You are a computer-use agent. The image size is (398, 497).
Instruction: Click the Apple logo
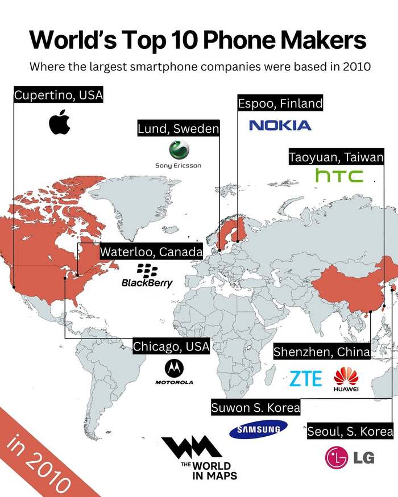click(59, 122)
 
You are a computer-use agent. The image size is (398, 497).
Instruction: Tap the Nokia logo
click(280, 125)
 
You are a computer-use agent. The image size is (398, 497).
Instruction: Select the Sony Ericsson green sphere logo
click(179, 151)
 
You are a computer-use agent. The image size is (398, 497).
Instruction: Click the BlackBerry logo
click(147, 275)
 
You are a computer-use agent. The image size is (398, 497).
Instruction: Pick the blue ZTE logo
click(306, 378)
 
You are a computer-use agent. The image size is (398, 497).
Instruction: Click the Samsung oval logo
click(255, 430)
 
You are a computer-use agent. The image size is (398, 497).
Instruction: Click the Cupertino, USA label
click(59, 95)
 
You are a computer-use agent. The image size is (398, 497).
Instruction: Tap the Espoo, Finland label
click(280, 103)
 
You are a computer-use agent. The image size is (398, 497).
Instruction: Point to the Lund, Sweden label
click(178, 129)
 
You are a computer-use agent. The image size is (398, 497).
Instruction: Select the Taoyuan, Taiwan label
click(336, 157)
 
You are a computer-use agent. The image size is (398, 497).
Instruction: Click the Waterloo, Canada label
click(151, 252)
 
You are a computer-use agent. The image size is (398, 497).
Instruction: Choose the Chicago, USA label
click(171, 346)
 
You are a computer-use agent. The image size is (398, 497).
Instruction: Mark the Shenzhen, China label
click(322, 352)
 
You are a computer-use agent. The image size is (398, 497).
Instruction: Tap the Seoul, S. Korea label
click(350, 431)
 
